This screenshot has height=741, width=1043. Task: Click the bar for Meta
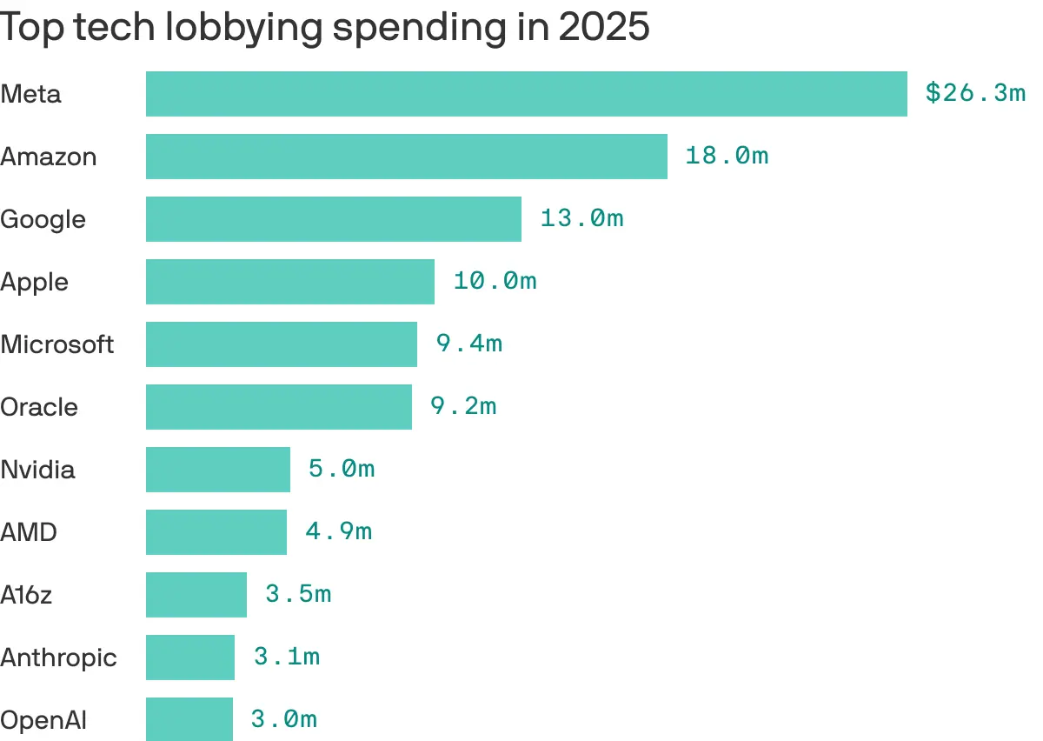tap(526, 94)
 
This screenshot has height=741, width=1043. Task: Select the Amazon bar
tap(406, 157)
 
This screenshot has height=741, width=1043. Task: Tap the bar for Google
tap(333, 219)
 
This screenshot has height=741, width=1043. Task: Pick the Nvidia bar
tap(217, 470)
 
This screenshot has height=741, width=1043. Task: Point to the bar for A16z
tap(196, 595)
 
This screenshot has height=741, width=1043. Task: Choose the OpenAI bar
tap(189, 719)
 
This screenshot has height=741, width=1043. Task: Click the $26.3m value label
tap(975, 93)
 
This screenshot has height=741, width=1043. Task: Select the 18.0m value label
tap(727, 156)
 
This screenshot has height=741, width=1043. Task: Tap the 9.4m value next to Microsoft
tap(469, 344)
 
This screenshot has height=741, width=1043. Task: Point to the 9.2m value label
tap(463, 406)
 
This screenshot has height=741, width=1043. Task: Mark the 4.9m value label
tap(338, 531)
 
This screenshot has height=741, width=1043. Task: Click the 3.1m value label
tap(287, 657)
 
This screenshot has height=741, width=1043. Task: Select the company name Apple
tap(34, 283)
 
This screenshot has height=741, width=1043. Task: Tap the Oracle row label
tap(39, 407)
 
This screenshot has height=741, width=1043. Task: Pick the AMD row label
tap(29, 532)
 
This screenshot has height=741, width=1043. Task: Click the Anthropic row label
tap(58, 658)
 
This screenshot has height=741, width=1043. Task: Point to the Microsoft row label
tap(56, 344)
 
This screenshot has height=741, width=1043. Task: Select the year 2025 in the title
tap(603, 28)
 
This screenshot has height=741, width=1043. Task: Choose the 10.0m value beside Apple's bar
tap(495, 281)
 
